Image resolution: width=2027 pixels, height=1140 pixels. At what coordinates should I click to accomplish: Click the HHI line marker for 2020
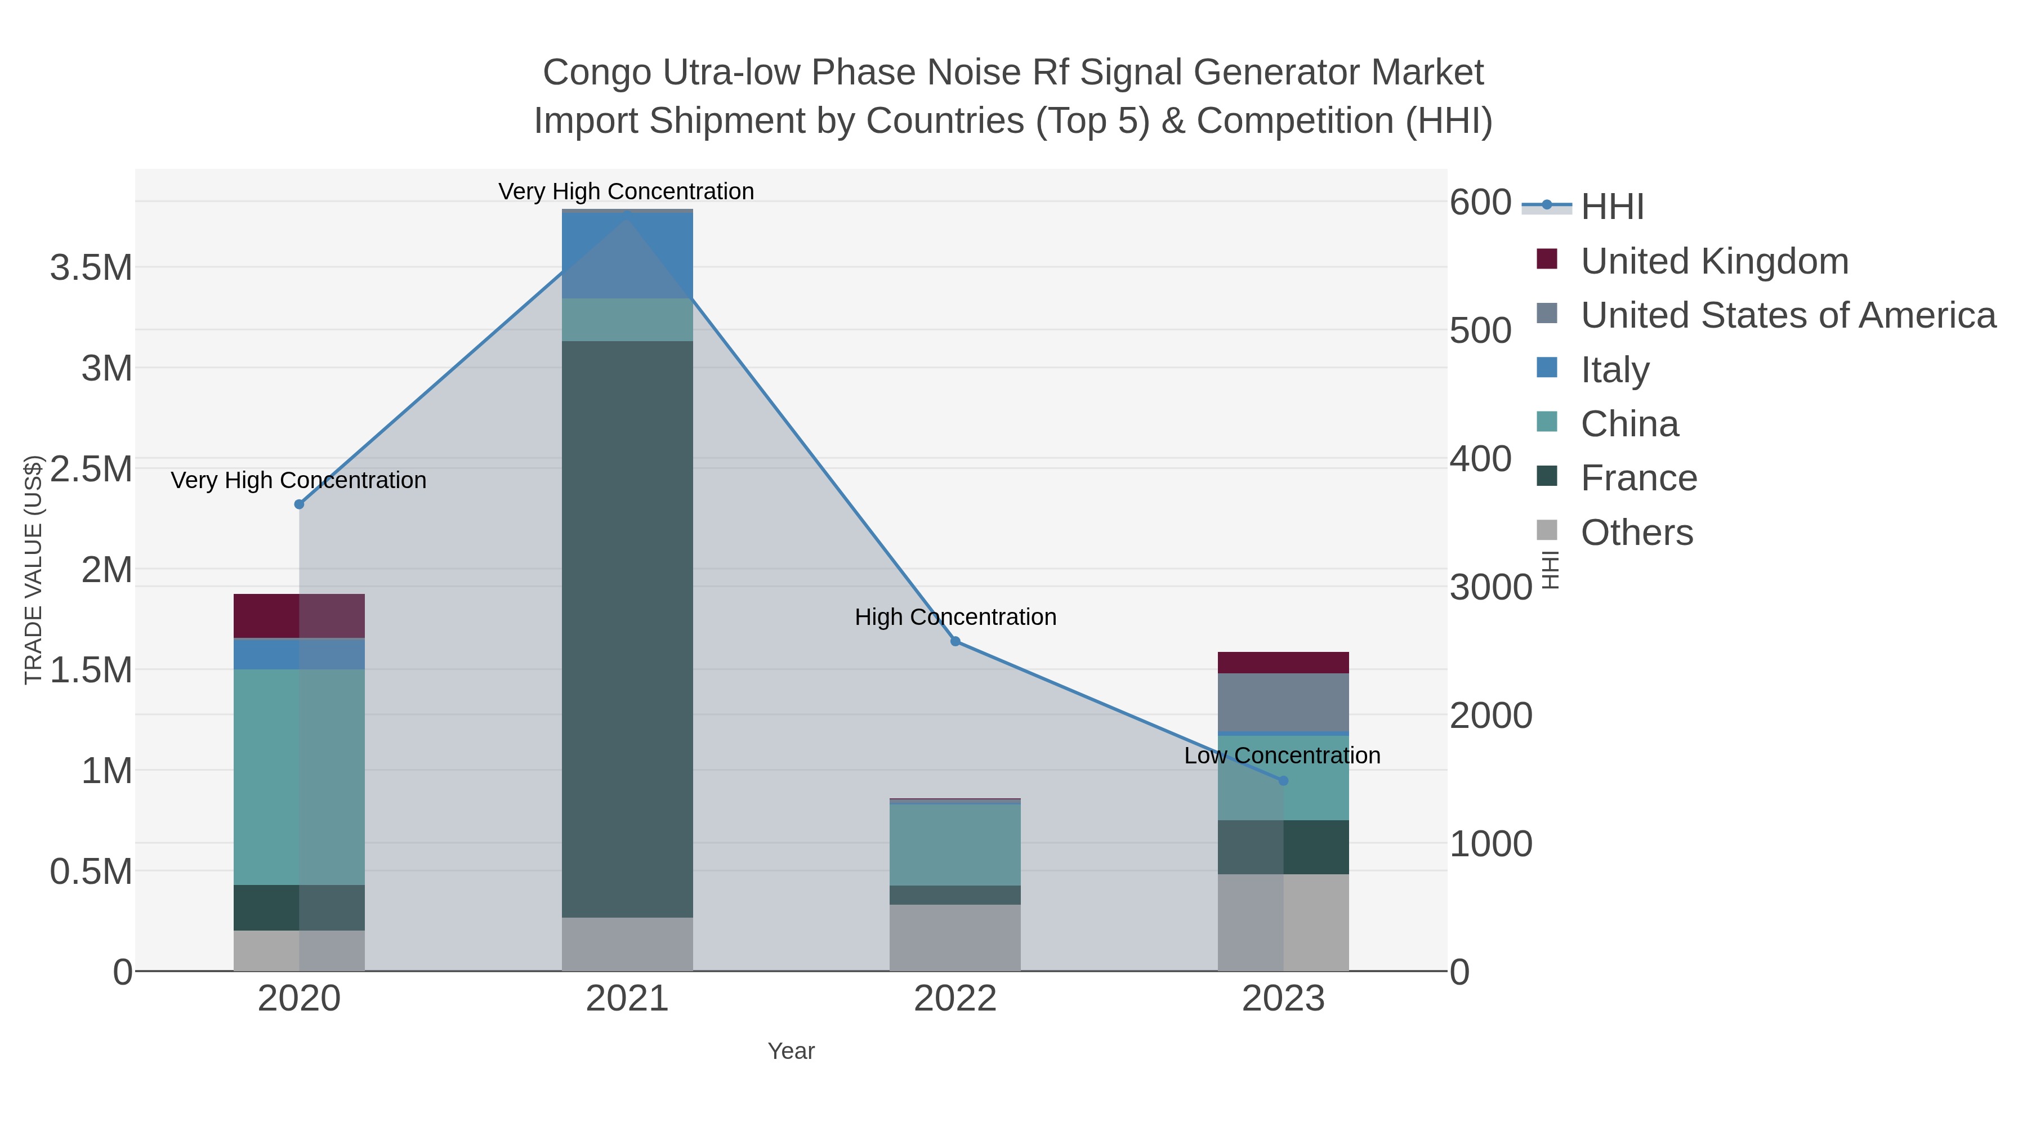pos(299,504)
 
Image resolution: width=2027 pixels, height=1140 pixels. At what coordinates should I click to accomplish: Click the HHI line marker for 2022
pos(956,641)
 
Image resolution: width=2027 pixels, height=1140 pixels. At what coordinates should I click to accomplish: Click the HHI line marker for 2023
pos(1283,780)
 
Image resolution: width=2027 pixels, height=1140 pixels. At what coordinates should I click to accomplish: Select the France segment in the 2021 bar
pos(627,629)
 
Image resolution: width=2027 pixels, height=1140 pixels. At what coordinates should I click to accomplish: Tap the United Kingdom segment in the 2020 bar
pos(299,616)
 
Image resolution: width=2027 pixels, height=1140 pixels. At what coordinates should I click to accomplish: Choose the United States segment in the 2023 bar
pos(1283,703)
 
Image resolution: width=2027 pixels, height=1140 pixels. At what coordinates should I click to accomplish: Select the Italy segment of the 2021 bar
pos(627,256)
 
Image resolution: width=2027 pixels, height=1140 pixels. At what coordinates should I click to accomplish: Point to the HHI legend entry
pos(1611,206)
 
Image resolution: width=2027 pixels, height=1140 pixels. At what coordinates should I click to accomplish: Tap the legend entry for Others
pos(1637,533)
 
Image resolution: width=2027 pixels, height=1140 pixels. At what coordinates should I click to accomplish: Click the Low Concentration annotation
pos(1282,755)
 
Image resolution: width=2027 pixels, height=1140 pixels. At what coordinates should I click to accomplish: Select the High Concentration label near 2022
pos(956,617)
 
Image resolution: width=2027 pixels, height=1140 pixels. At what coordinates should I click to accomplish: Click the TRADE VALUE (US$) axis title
pos(33,570)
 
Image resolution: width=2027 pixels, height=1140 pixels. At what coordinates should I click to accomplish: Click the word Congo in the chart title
pos(597,73)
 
